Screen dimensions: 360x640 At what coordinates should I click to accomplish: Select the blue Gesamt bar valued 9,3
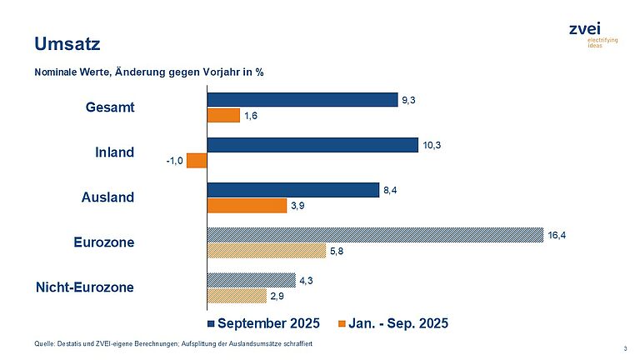[302, 100]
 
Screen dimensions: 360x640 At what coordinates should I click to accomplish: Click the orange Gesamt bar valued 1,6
[223, 116]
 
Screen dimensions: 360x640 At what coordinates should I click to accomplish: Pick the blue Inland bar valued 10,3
[312, 145]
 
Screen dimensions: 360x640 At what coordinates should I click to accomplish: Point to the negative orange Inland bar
[197, 161]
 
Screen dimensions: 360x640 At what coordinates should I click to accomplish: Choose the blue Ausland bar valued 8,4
[292, 190]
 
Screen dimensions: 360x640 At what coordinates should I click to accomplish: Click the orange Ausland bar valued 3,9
[246, 206]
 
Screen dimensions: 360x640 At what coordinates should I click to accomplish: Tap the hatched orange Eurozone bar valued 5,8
[266, 251]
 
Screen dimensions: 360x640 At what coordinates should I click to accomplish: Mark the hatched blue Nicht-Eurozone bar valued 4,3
[251, 280]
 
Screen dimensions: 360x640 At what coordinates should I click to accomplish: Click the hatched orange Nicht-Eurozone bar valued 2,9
[237, 296]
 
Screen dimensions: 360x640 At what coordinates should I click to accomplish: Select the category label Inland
[115, 152]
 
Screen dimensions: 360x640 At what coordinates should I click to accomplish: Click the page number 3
[625, 347]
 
